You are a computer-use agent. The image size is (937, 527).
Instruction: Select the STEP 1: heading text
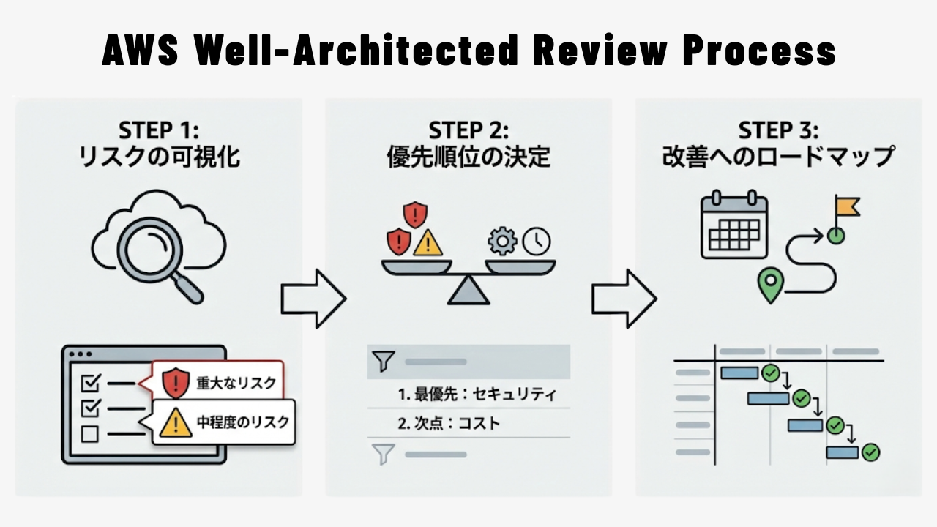click(158, 130)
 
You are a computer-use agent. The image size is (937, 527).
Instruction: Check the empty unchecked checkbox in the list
click(89, 434)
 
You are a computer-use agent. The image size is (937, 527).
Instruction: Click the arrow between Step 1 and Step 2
click(313, 298)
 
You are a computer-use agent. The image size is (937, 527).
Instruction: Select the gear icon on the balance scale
click(502, 240)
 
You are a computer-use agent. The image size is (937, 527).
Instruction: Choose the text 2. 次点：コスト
click(449, 423)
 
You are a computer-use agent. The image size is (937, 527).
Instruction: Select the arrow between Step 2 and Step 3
click(624, 298)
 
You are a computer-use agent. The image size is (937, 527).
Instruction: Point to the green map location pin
click(767, 284)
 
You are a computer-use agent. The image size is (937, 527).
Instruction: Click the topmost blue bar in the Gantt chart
click(739, 373)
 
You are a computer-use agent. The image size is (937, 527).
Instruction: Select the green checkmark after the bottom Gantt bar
click(870, 452)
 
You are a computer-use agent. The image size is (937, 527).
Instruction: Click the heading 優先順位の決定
click(468, 157)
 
